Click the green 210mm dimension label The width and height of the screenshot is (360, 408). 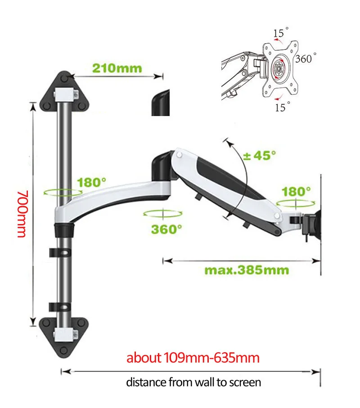point(117,68)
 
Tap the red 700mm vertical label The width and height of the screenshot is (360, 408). point(22,214)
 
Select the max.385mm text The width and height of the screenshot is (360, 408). point(247,270)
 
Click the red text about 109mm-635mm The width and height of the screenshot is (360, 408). point(193,358)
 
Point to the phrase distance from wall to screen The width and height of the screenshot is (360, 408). point(193,382)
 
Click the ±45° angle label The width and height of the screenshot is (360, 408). point(260,156)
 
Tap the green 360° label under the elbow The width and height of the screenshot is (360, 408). point(166,229)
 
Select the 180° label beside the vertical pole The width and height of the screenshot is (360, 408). point(92,182)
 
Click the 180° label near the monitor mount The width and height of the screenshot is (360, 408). point(296,192)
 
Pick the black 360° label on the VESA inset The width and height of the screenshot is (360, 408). point(306,58)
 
